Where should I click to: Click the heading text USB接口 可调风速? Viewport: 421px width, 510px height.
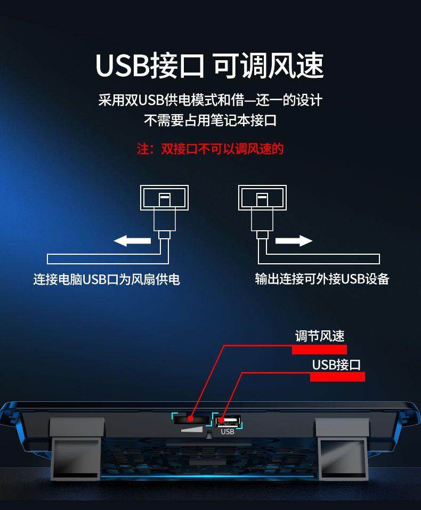209,65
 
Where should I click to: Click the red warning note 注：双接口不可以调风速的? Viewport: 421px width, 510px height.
210,149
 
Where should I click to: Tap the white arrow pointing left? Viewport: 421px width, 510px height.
132,241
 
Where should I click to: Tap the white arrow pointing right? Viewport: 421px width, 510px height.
294,241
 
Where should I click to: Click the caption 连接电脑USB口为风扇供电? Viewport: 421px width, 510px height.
107,279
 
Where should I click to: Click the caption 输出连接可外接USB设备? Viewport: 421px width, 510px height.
322,279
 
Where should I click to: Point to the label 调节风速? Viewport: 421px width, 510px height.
320,336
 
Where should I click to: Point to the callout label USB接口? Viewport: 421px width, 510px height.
336,365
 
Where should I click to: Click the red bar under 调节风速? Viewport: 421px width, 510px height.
319,350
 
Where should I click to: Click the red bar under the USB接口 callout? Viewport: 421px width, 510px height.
337,377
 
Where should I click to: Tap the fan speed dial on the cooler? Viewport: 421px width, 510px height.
191,419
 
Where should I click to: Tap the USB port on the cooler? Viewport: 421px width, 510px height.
229,420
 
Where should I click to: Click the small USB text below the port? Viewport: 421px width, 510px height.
228,432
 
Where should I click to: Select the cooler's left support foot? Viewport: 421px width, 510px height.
76,448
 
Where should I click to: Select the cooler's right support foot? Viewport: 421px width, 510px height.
342,448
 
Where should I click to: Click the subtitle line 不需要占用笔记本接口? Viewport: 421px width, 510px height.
210,120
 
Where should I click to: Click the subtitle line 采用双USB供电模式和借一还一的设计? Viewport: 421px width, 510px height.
210,100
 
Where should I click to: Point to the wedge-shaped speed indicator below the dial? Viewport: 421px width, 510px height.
193,430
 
